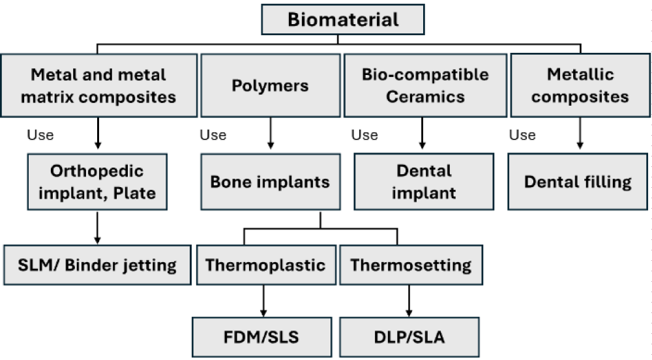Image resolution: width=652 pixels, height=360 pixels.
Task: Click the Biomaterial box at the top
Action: click(343, 20)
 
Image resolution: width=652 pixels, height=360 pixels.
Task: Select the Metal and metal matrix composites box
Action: click(99, 85)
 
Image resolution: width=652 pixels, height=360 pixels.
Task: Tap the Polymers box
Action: click(271, 85)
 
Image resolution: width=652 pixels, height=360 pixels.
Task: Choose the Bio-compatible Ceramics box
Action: click(425, 85)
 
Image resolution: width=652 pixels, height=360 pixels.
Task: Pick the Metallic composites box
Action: click(580, 85)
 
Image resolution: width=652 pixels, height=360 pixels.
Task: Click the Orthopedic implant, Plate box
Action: click(97, 182)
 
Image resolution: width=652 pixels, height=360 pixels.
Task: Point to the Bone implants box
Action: click(271, 182)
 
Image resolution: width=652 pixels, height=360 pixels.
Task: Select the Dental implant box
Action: click(424, 182)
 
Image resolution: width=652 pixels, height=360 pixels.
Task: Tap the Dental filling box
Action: click(578, 182)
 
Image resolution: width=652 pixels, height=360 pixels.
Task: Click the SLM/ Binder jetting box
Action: click(97, 265)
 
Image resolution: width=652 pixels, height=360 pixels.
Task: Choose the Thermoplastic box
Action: click(266, 265)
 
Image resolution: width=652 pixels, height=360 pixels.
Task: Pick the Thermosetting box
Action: click(411, 265)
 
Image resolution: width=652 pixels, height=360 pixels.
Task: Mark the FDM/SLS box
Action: click(262, 337)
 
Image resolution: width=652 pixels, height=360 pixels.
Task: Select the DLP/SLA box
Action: click(409, 337)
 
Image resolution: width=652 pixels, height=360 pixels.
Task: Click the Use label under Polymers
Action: click(213, 135)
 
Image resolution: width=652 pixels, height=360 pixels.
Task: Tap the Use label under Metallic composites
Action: click(522, 135)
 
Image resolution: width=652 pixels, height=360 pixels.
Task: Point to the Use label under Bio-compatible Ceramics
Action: click(364, 135)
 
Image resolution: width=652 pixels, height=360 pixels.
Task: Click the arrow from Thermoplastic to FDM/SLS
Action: click(263, 301)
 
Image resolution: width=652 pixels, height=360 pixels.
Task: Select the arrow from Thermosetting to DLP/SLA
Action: click(409, 301)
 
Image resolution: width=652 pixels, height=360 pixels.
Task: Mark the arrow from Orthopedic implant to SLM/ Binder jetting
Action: click(97, 228)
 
